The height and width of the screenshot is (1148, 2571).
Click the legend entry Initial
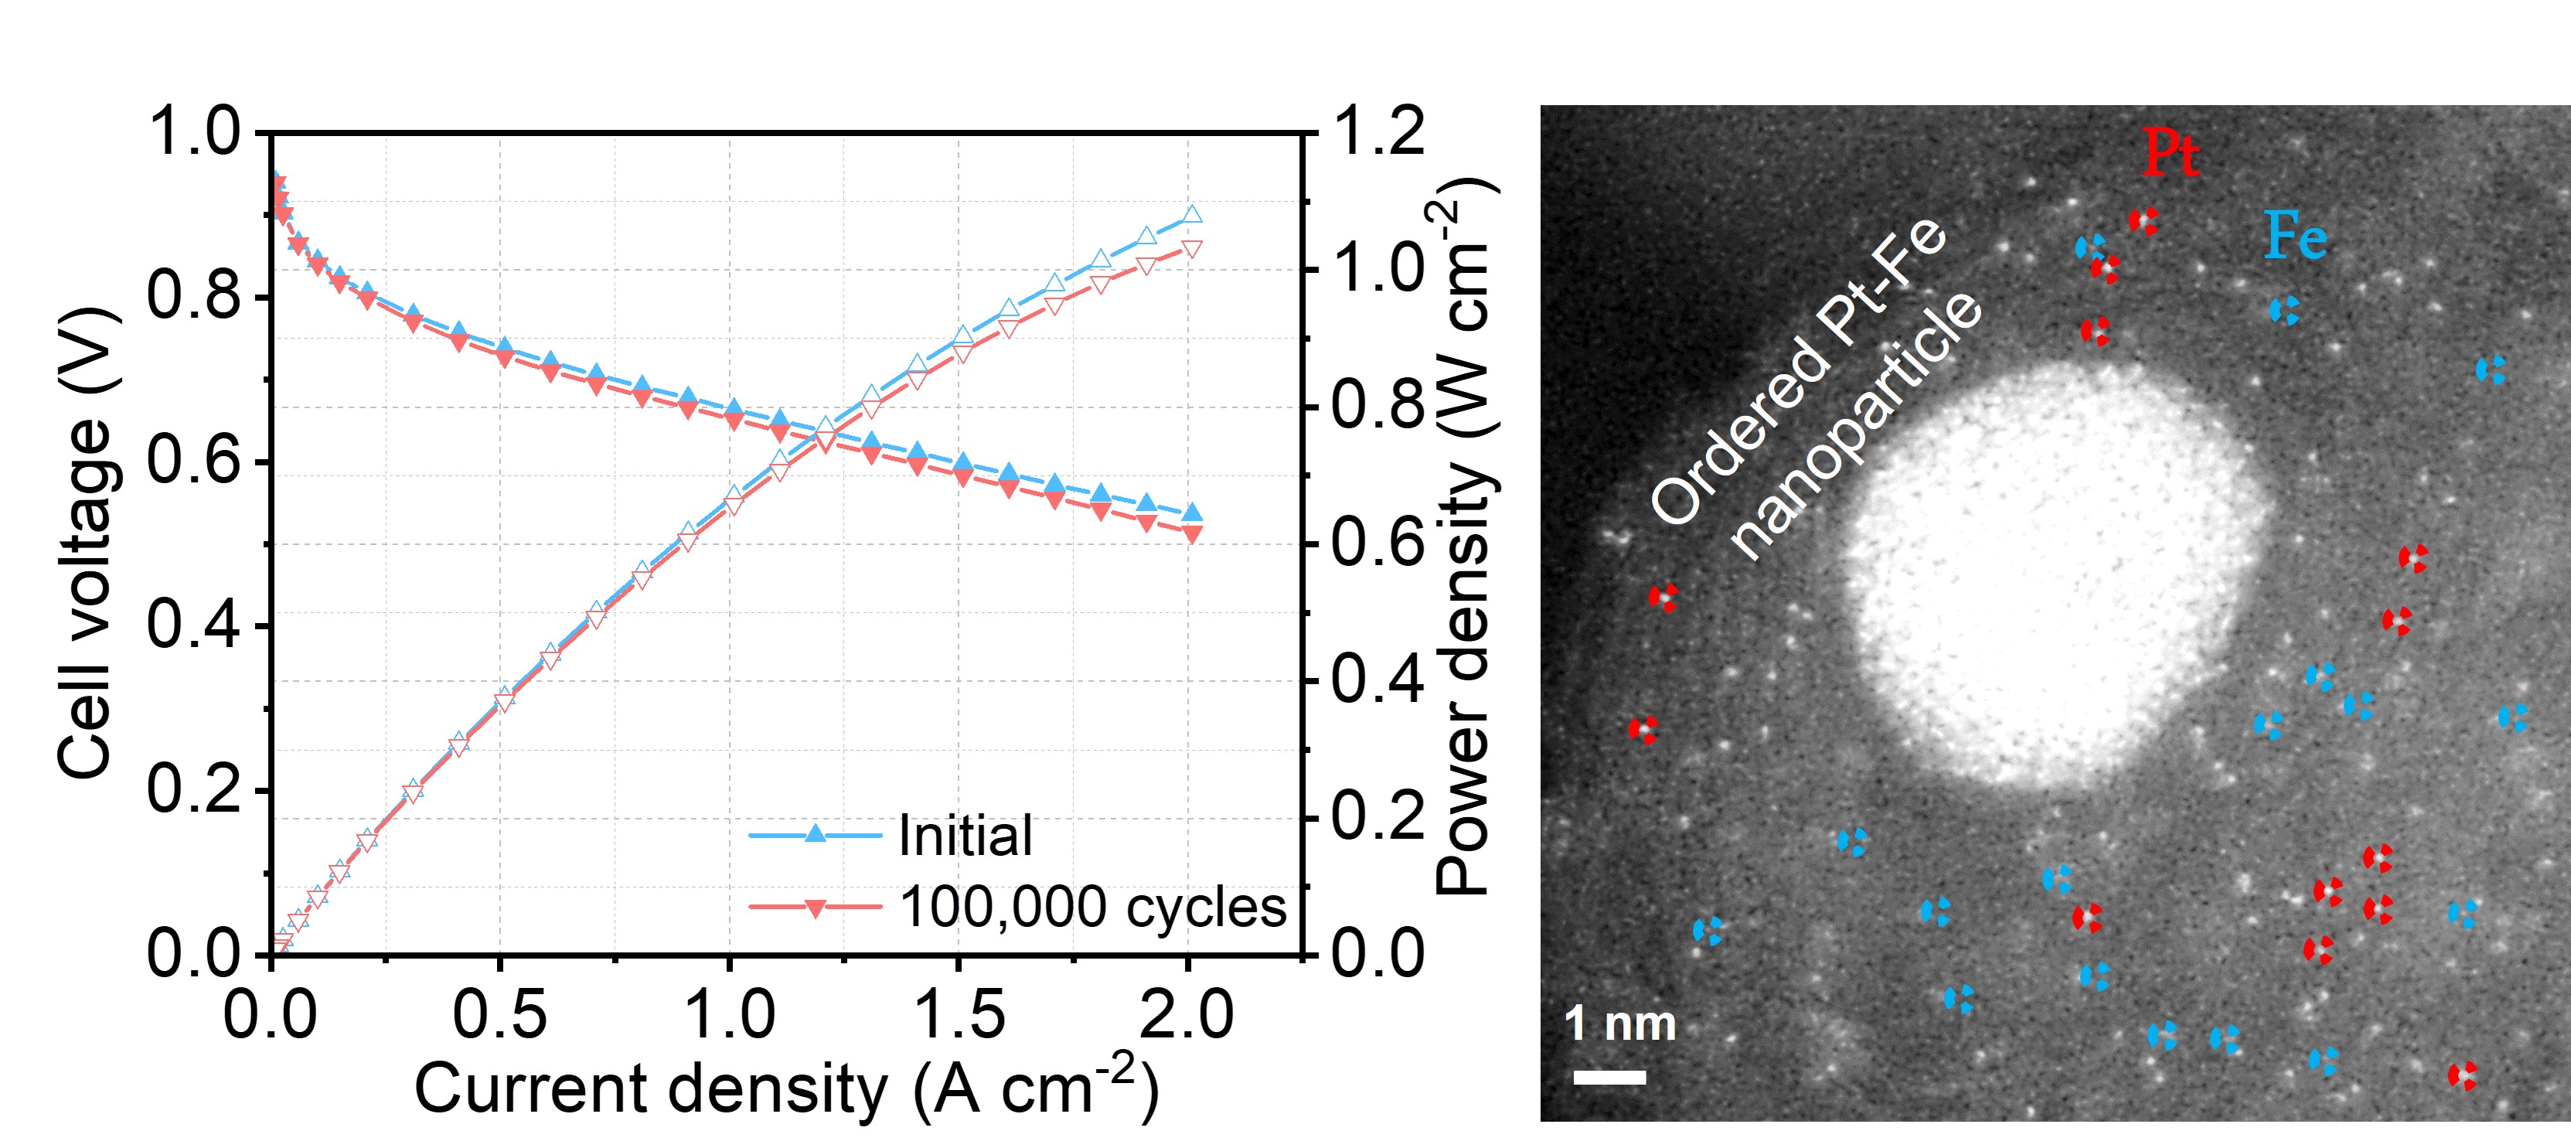[964, 836]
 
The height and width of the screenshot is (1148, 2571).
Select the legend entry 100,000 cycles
[1093, 908]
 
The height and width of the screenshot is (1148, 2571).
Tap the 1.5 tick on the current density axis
[959, 1014]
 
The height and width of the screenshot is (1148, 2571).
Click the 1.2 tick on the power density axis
[1377, 131]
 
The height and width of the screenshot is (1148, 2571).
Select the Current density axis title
[786, 1088]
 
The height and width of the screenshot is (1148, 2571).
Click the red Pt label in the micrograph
[2170, 155]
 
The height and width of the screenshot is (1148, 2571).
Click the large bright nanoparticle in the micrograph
[2046, 574]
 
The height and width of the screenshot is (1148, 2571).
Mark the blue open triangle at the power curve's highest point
[1190, 215]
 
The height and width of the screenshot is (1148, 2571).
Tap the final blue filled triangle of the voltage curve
[1190, 513]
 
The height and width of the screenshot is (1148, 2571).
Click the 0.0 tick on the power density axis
[1377, 953]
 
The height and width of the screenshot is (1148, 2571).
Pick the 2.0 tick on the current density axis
[1187, 1014]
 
